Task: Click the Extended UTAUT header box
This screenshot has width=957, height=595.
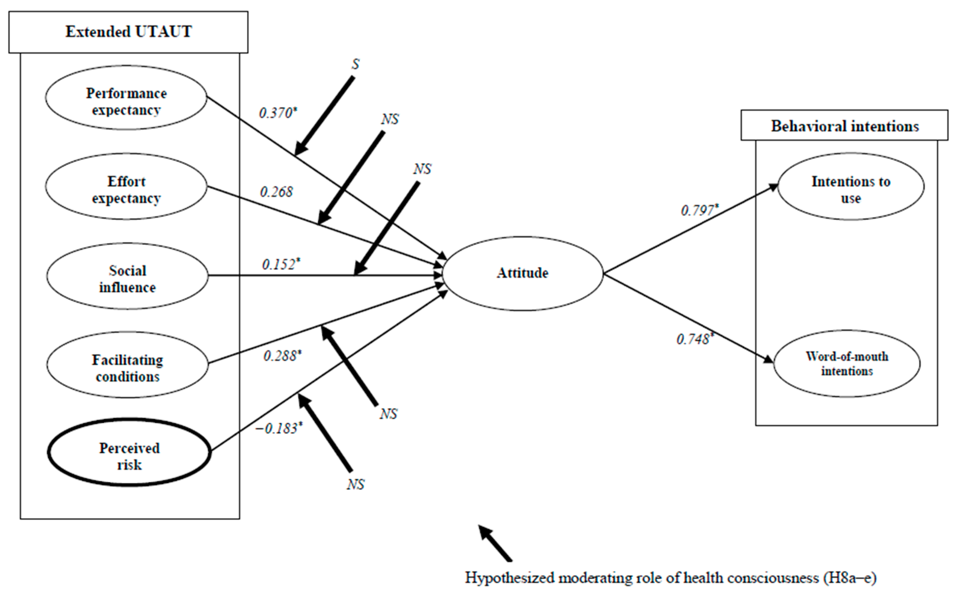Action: (128, 32)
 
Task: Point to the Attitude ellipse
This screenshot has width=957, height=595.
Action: (523, 273)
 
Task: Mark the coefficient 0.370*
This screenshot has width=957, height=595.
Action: (278, 113)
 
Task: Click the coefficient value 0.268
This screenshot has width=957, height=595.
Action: (276, 192)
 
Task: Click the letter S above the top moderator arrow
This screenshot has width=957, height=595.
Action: (355, 64)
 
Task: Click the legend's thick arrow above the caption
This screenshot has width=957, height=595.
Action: (495, 543)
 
